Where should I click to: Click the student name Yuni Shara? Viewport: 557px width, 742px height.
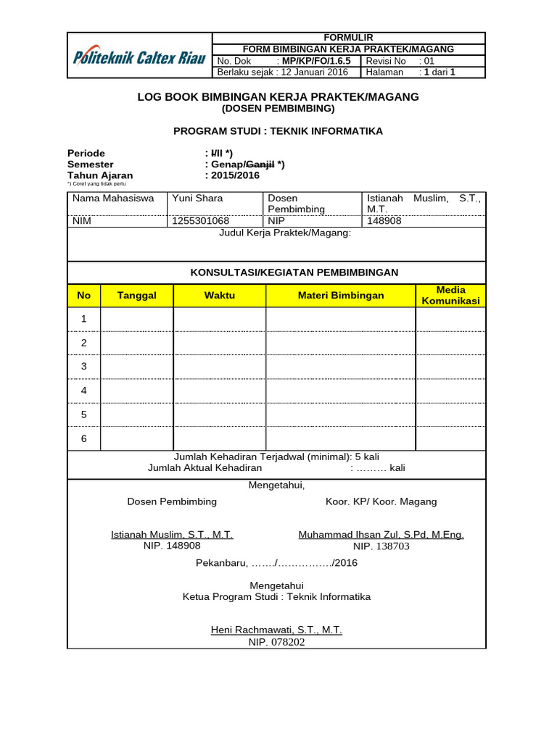(x=197, y=198)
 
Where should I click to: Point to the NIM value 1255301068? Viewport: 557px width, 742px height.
(x=200, y=220)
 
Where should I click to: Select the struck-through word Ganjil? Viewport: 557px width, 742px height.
(x=259, y=164)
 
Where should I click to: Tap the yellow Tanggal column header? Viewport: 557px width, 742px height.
(x=137, y=296)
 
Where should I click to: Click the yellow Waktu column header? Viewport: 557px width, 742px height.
(x=220, y=296)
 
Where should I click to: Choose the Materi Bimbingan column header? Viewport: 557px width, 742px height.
(x=341, y=296)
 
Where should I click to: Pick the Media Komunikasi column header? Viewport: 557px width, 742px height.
(x=450, y=296)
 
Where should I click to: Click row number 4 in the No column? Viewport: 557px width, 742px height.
(x=84, y=391)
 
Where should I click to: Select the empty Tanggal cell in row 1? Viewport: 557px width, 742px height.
(x=137, y=319)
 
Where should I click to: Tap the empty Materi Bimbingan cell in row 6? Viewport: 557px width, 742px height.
(x=341, y=438)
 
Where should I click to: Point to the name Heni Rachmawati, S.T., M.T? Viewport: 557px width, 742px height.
(x=276, y=630)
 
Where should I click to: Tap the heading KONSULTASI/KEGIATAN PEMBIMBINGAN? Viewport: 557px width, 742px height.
(x=294, y=272)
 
